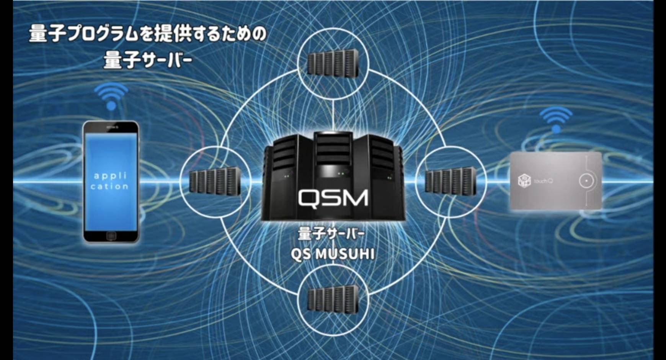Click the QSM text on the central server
coord(333,198)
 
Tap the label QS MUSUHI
coord(332,254)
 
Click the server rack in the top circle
coord(333,64)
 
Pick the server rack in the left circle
coord(215,182)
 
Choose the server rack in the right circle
coord(451,181)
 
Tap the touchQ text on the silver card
coord(544,181)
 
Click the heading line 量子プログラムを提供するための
coord(147,35)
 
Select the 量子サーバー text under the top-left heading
coord(147,60)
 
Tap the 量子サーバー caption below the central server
coord(331,234)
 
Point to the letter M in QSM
coord(355,198)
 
